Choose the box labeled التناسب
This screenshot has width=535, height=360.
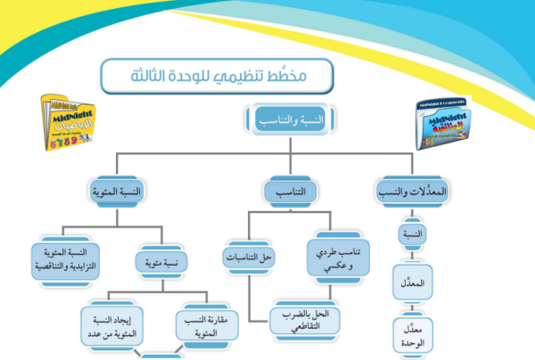[x=284, y=192]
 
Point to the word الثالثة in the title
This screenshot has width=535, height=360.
[x=152, y=77]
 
